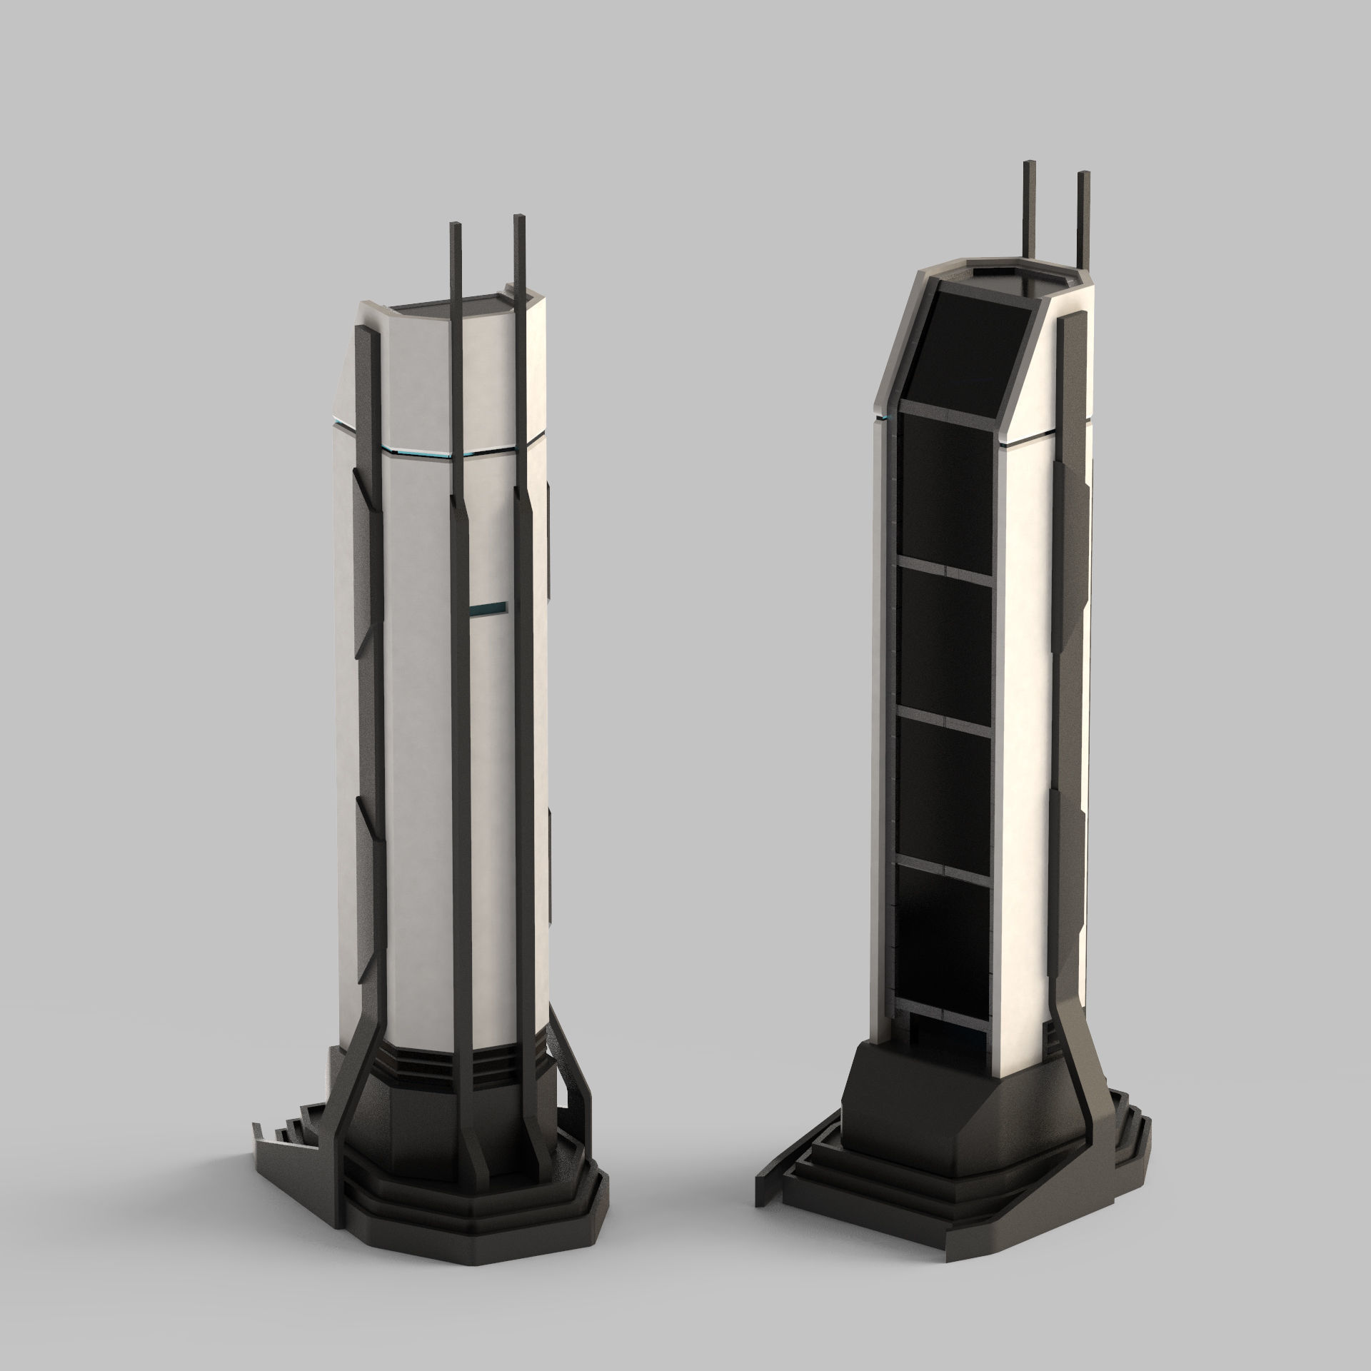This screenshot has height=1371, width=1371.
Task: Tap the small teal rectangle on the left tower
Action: (x=488, y=608)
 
